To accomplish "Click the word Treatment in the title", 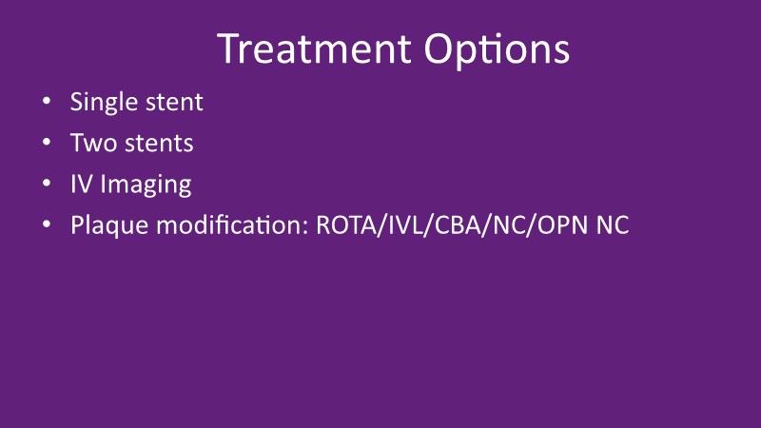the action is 314,49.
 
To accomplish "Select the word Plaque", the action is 109,226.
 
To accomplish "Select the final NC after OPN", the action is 613,225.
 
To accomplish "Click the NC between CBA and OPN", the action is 509,225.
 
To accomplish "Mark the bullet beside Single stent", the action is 47,101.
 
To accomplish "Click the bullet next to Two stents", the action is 47,142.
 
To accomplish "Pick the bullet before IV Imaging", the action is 47,184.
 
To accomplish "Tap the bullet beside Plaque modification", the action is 47,224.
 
